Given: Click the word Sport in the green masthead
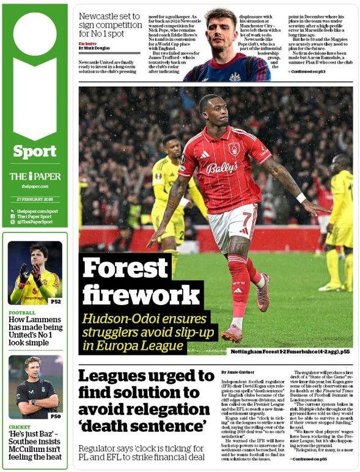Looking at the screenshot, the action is (x=34, y=150).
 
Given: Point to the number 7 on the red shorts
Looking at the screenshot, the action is (x=246, y=219).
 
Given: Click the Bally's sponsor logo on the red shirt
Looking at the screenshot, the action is (x=222, y=168).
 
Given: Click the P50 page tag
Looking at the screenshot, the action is (x=55, y=416).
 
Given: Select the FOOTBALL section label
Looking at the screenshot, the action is (x=22, y=312).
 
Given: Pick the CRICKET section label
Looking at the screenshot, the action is (x=20, y=427).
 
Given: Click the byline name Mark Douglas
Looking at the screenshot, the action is (x=98, y=48).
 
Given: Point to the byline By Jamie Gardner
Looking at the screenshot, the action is (x=235, y=372).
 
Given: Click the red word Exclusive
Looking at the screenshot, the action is (x=88, y=43).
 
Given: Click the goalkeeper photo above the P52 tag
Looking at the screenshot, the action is (x=34, y=272).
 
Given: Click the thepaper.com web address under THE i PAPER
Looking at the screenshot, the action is (x=34, y=186).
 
